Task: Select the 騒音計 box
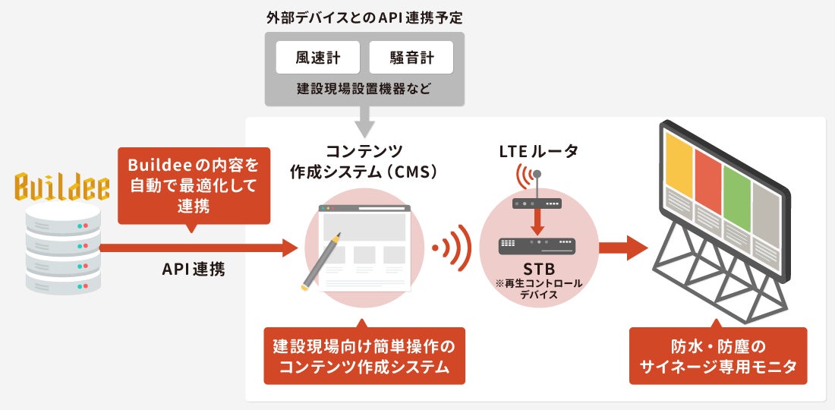(411, 57)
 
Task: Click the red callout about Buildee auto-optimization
(195, 184)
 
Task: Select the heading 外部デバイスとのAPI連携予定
(364, 16)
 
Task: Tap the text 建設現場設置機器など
(364, 90)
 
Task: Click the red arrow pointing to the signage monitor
(622, 248)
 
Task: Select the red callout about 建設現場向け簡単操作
(364, 356)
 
